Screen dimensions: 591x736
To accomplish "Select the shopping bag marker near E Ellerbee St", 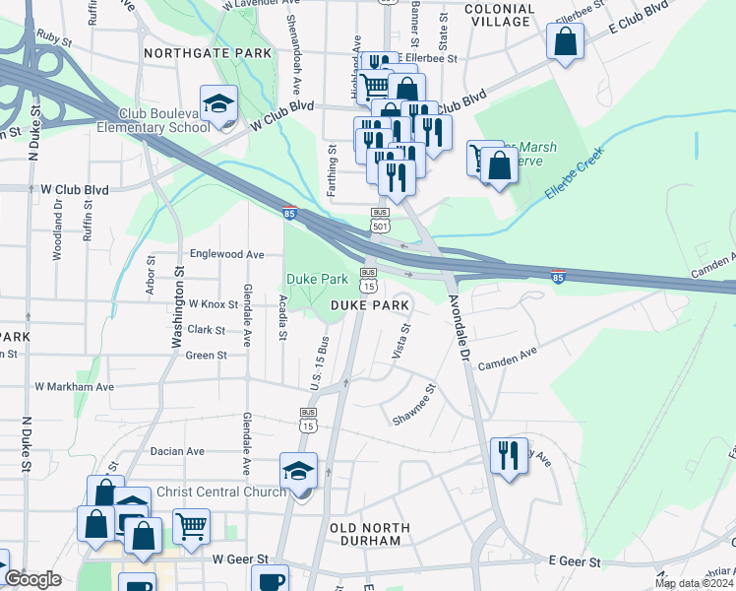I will pos(565,42).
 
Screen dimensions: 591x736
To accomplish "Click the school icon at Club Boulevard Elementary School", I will pos(218,103).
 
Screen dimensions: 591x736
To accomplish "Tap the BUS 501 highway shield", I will pos(380,219).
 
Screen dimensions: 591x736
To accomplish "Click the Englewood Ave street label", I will pos(227,254).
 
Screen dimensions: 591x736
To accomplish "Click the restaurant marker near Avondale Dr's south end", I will pos(509,455).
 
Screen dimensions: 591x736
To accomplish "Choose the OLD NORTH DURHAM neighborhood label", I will pos(365,535).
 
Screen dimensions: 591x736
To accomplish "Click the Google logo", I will pos(32,578).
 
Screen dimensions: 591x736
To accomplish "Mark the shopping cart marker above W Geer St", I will pos(191,525).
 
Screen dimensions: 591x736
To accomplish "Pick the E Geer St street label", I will pos(575,559).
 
